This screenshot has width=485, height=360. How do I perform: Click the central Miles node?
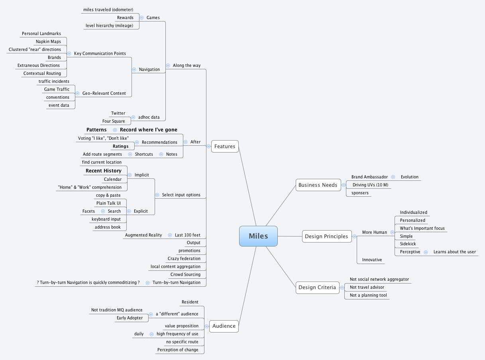click(x=258, y=236)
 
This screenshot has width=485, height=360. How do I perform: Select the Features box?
click(x=225, y=146)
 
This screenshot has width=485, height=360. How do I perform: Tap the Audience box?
click(x=224, y=326)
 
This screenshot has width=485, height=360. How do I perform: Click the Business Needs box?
click(x=318, y=185)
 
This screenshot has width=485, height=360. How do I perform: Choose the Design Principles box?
click(x=326, y=236)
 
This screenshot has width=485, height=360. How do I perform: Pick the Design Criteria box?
click(x=317, y=287)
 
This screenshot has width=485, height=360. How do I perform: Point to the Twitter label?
click(x=118, y=113)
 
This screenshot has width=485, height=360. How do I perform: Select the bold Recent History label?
click(x=104, y=170)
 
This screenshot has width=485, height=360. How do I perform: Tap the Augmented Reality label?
click(x=143, y=235)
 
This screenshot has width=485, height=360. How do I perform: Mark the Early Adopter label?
click(x=130, y=318)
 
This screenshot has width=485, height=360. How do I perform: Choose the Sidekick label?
click(x=408, y=244)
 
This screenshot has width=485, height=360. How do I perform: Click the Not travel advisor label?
click(x=367, y=287)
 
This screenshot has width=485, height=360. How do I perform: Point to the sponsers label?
click(x=360, y=193)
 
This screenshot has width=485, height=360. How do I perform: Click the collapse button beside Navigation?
click(x=134, y=69)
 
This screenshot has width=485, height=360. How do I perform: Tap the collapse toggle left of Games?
click(x=142, y=18)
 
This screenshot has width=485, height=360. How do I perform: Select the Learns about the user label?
click(x=455, y=252)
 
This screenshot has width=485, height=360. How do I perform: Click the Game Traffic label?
click(x=57, y=89)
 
